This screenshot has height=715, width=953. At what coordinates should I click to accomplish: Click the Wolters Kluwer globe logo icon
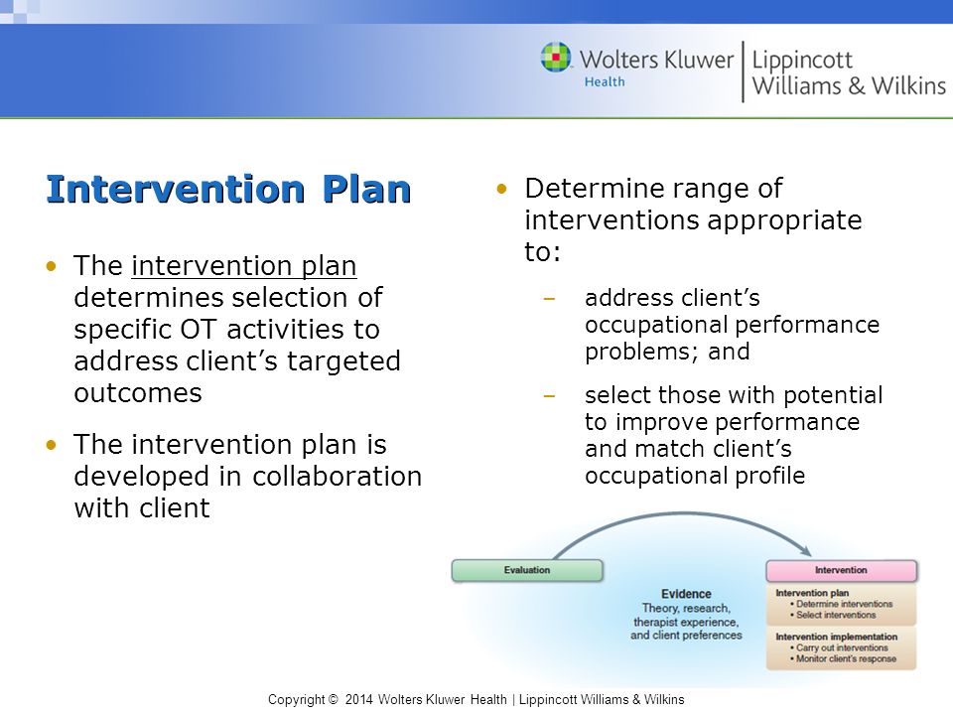[x=556, y=58]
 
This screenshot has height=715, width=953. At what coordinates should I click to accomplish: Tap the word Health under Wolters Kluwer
[x=605, y=81]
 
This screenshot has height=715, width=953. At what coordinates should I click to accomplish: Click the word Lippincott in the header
[x=802, y=61]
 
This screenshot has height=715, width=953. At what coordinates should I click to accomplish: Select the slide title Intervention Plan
[x=229, y=189]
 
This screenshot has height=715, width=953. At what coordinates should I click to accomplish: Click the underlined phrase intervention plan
[x=244, y=266]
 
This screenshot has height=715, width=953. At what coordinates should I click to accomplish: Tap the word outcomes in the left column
[x=138, y=393]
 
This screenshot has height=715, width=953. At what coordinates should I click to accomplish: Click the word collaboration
[x=337, y=476]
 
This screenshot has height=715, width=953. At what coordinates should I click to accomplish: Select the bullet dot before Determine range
[x=501, y=189]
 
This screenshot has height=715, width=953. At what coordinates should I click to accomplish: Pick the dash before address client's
[x=549, y=299]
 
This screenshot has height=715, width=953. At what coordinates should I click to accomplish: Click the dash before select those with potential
[x=549, y=396]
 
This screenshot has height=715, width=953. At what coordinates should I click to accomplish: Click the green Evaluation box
[x=527, y=570]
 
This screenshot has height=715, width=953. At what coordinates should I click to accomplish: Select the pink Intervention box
[x=841, y=570]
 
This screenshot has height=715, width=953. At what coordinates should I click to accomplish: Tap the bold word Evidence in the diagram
[x=686, y=594]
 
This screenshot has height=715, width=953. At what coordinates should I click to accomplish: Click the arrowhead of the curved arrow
[x=806, y=550]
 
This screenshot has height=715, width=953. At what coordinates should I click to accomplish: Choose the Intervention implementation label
[x=836, y=637]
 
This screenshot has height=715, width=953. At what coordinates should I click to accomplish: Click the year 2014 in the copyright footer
[x=358, y=700]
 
